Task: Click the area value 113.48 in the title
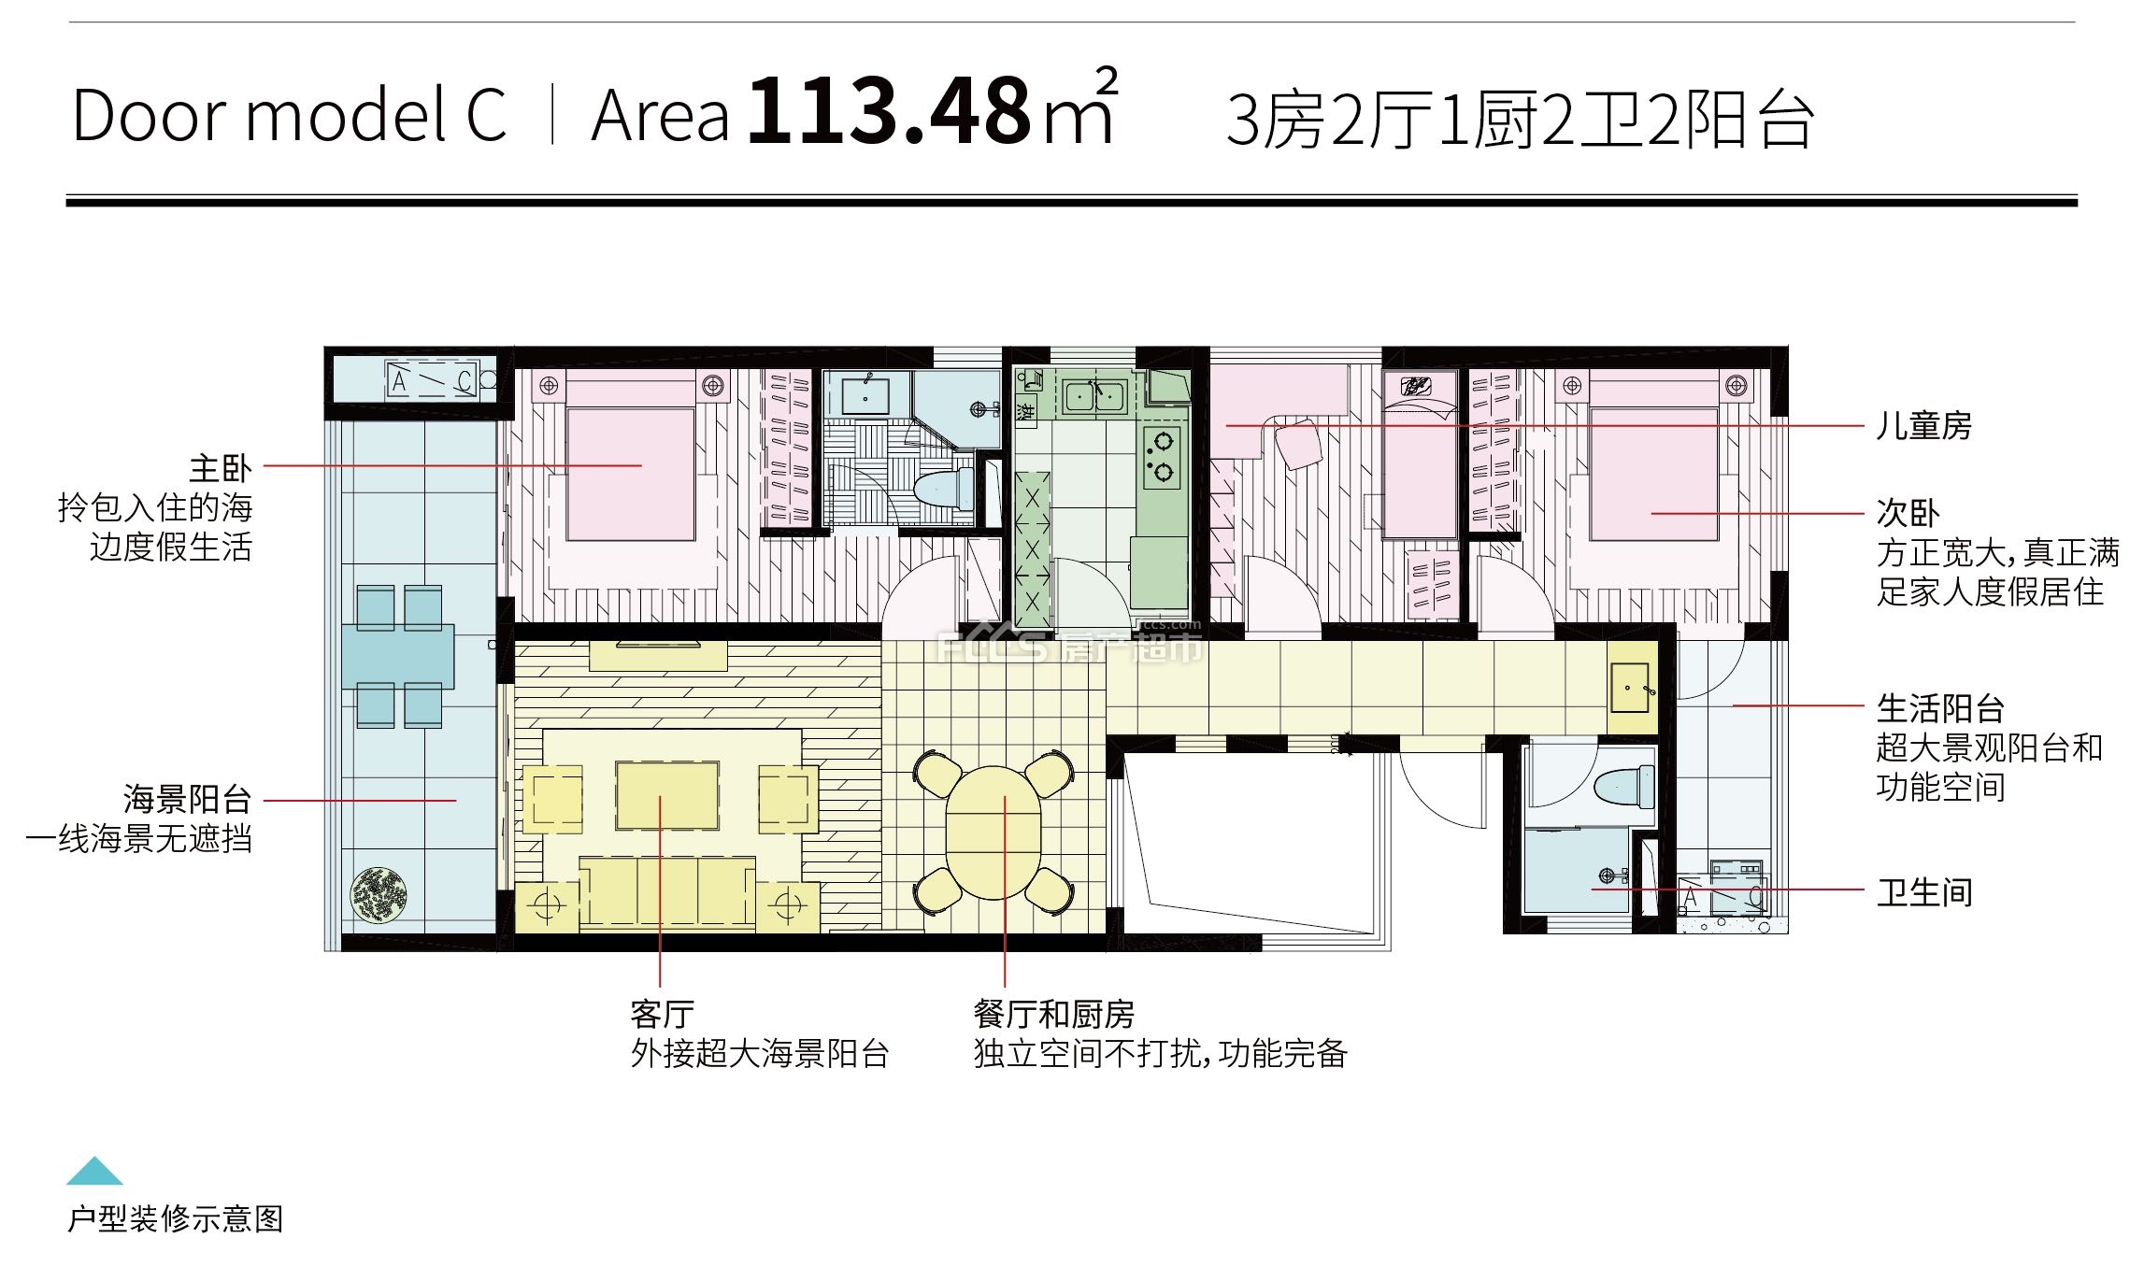pos(889,111)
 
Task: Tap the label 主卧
pos(221,467)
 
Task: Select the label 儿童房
pos(1923,426)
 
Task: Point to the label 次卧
pos(1908,513)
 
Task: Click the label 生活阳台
pos(1940,708)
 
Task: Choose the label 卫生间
pos(1924,892)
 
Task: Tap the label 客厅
pos(663,1014)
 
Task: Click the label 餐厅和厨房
pos(1054,1014)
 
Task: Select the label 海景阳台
pos(188,799)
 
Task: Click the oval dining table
pos(993,833)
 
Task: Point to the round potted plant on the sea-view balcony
pos(379,894)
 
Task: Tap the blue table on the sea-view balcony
pos(398,656)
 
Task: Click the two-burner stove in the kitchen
pos(1162,457)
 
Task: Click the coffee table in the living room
pos(666,795)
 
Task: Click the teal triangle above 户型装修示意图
pos(94,1171)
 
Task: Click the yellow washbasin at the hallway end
pos(1630,688)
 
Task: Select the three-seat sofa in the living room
pos(666,891)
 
